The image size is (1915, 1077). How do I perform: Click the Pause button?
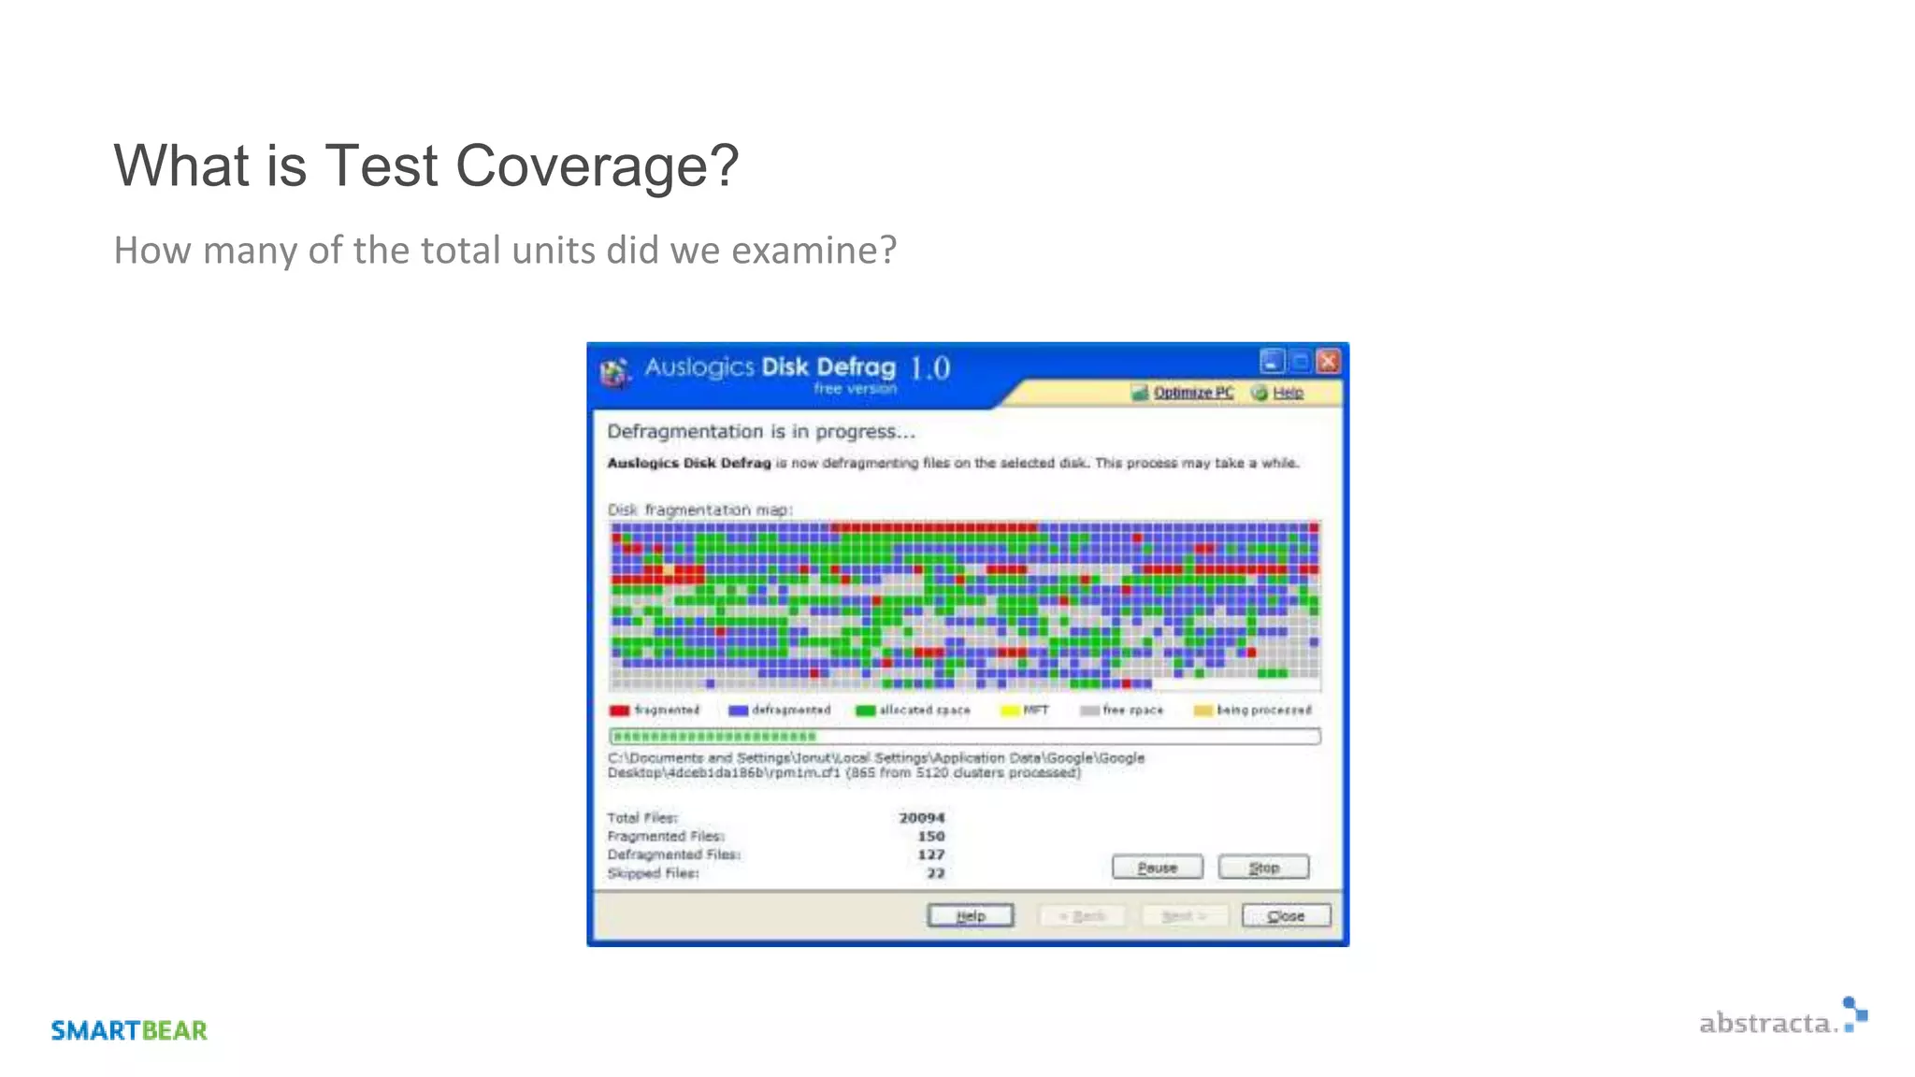click(x=1157, y=868)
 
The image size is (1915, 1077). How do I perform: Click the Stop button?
click(x=1263, y=868)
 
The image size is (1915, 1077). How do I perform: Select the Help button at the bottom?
click(x=971, y=916)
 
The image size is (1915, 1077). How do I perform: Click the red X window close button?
click(x=1328, y=361)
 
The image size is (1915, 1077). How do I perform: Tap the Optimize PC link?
click(x=1192, y=393)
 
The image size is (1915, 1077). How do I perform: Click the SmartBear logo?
click(x=129, y=1030)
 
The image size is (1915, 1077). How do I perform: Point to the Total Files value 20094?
click(x=921, y=818)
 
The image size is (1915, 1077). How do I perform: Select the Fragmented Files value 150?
click(x=930, y=837)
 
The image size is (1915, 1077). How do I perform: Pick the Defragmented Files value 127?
click(x=930, y=854)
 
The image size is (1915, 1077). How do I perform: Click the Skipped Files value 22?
click(x=935, y=873)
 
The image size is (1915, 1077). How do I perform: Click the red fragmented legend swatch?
click(x=619, y=711)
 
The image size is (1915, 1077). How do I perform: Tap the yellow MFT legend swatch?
click(x=1010, y=711)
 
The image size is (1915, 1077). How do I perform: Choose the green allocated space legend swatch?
click(x=865, y=711)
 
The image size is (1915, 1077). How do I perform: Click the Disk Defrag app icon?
click(x=614, y=372)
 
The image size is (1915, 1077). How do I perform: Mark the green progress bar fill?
click(x=713, y=737)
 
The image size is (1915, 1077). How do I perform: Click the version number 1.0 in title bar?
click(x=930, y=367)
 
